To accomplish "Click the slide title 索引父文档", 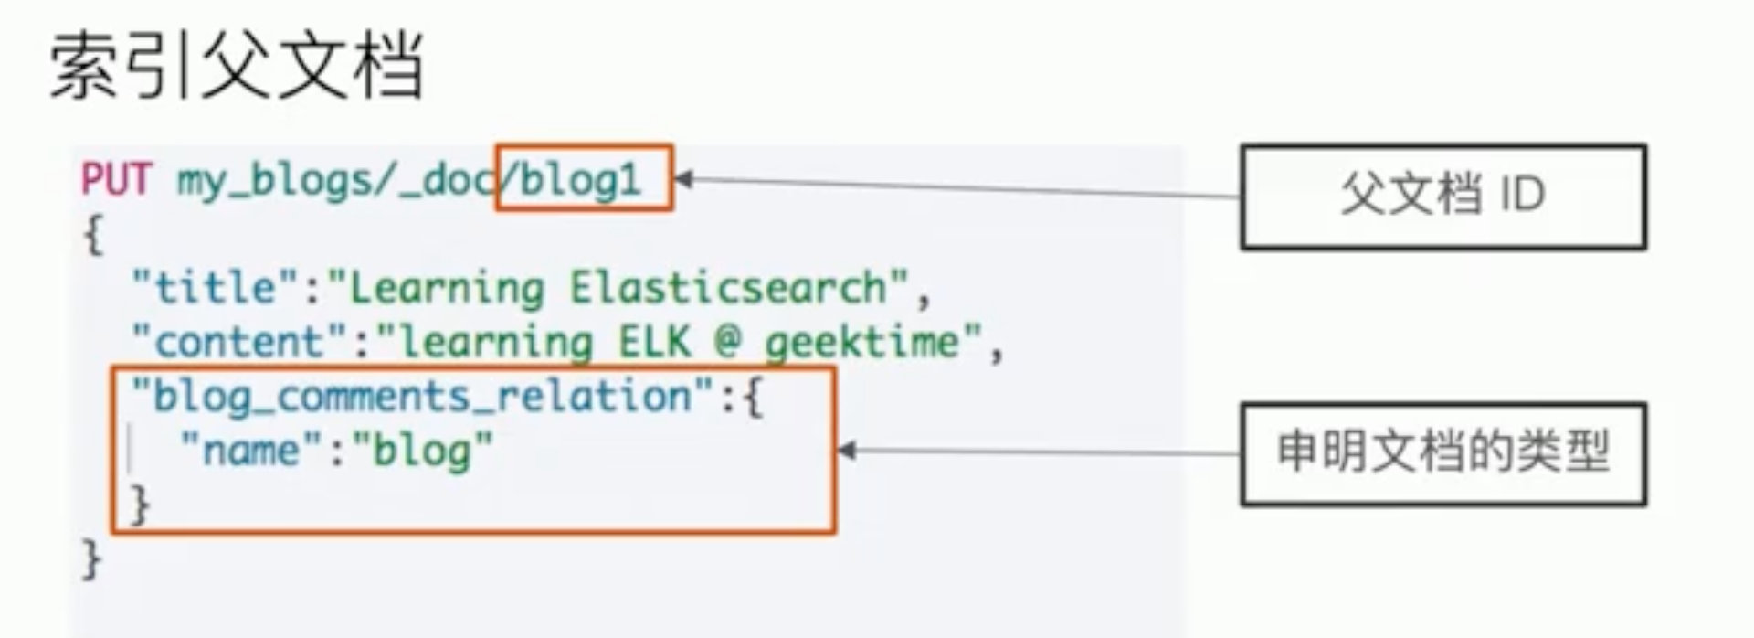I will [x=236, y=66].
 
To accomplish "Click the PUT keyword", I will [x=116, y=180].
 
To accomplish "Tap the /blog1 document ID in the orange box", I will [x=581, y=180].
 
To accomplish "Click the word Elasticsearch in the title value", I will [x=728, y=288].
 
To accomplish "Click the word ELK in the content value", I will [x=654, y=342].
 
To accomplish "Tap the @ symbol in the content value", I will [x=727, y=342].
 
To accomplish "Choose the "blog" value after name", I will [x=422, y=451].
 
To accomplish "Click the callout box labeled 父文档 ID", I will [x=1442, y=197].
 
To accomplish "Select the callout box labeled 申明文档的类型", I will [x=1442, y=453].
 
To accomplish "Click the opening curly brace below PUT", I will [x=93, y=236].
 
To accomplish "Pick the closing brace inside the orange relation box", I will [x=140, y=505].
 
